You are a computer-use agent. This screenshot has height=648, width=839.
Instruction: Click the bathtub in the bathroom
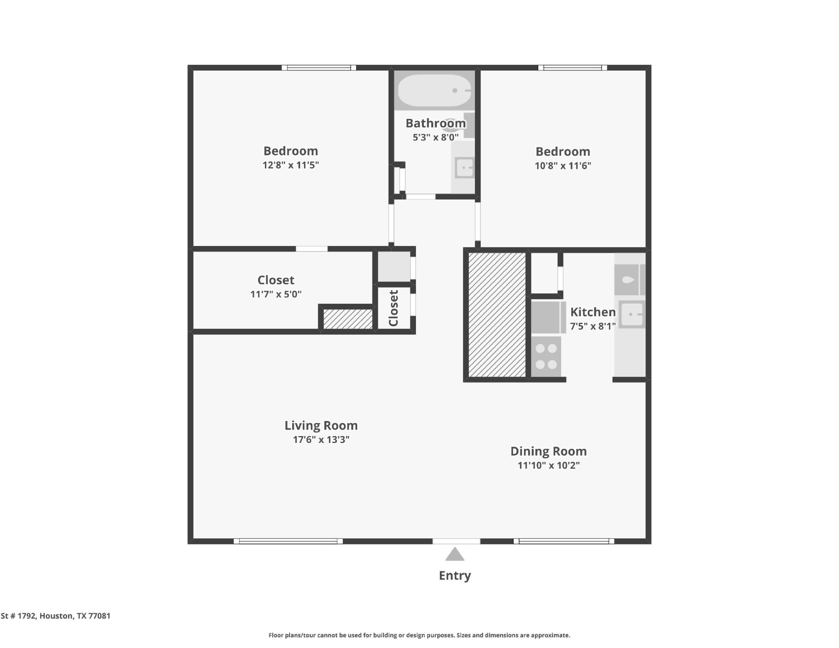(435, 90)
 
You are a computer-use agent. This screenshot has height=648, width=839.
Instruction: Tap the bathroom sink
(464, 167)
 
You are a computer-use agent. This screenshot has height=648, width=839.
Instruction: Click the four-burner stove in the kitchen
(546, 356)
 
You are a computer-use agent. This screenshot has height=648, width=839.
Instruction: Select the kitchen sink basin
(632, 314)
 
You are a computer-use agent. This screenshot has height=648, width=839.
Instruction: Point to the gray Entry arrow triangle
(455, 554)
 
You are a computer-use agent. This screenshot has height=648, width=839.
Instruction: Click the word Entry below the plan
(455, 575)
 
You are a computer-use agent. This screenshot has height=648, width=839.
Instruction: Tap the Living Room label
(321, 425)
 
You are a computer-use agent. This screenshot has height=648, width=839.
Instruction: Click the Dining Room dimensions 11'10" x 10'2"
(549, 465)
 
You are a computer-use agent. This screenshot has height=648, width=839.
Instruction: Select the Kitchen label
(593, 312)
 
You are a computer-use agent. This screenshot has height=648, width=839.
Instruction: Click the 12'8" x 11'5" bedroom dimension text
(291, 165)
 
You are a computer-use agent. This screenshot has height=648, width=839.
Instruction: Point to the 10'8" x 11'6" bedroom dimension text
(563, 165)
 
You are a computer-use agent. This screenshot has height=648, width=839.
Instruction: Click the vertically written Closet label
(393, 308)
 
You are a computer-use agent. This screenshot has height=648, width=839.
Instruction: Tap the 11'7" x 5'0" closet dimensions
(276, 294)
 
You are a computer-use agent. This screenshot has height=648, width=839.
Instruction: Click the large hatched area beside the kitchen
(497, 314)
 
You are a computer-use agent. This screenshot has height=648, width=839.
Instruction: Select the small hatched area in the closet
(348, 319)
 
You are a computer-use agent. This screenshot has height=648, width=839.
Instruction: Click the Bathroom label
(436, 123)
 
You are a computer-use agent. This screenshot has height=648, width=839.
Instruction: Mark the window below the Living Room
(288, 541)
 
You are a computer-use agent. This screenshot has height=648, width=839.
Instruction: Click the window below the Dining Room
(564, 541)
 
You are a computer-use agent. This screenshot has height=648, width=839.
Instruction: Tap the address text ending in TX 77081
(55, 616)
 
